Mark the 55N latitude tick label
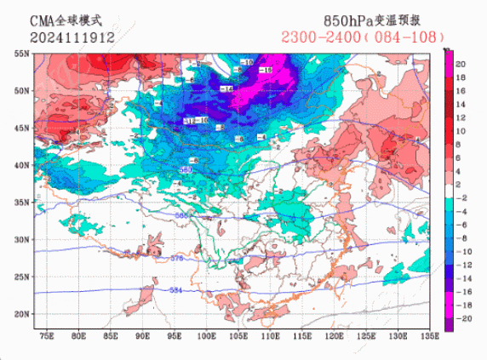pyautogui.click(x=21, y=53)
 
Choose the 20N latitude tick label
pyautogui.click(x=21, y=314)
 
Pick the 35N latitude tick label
pyautogui.click(x=21, y=203)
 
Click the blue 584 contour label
pyautogui.click(x=176, y=291)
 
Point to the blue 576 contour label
pyautogui.click(x=177, y=257)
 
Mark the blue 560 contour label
pyautogui.click(x=186, y=170)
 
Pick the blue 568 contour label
pyautogui.click(x=180, y=216)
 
